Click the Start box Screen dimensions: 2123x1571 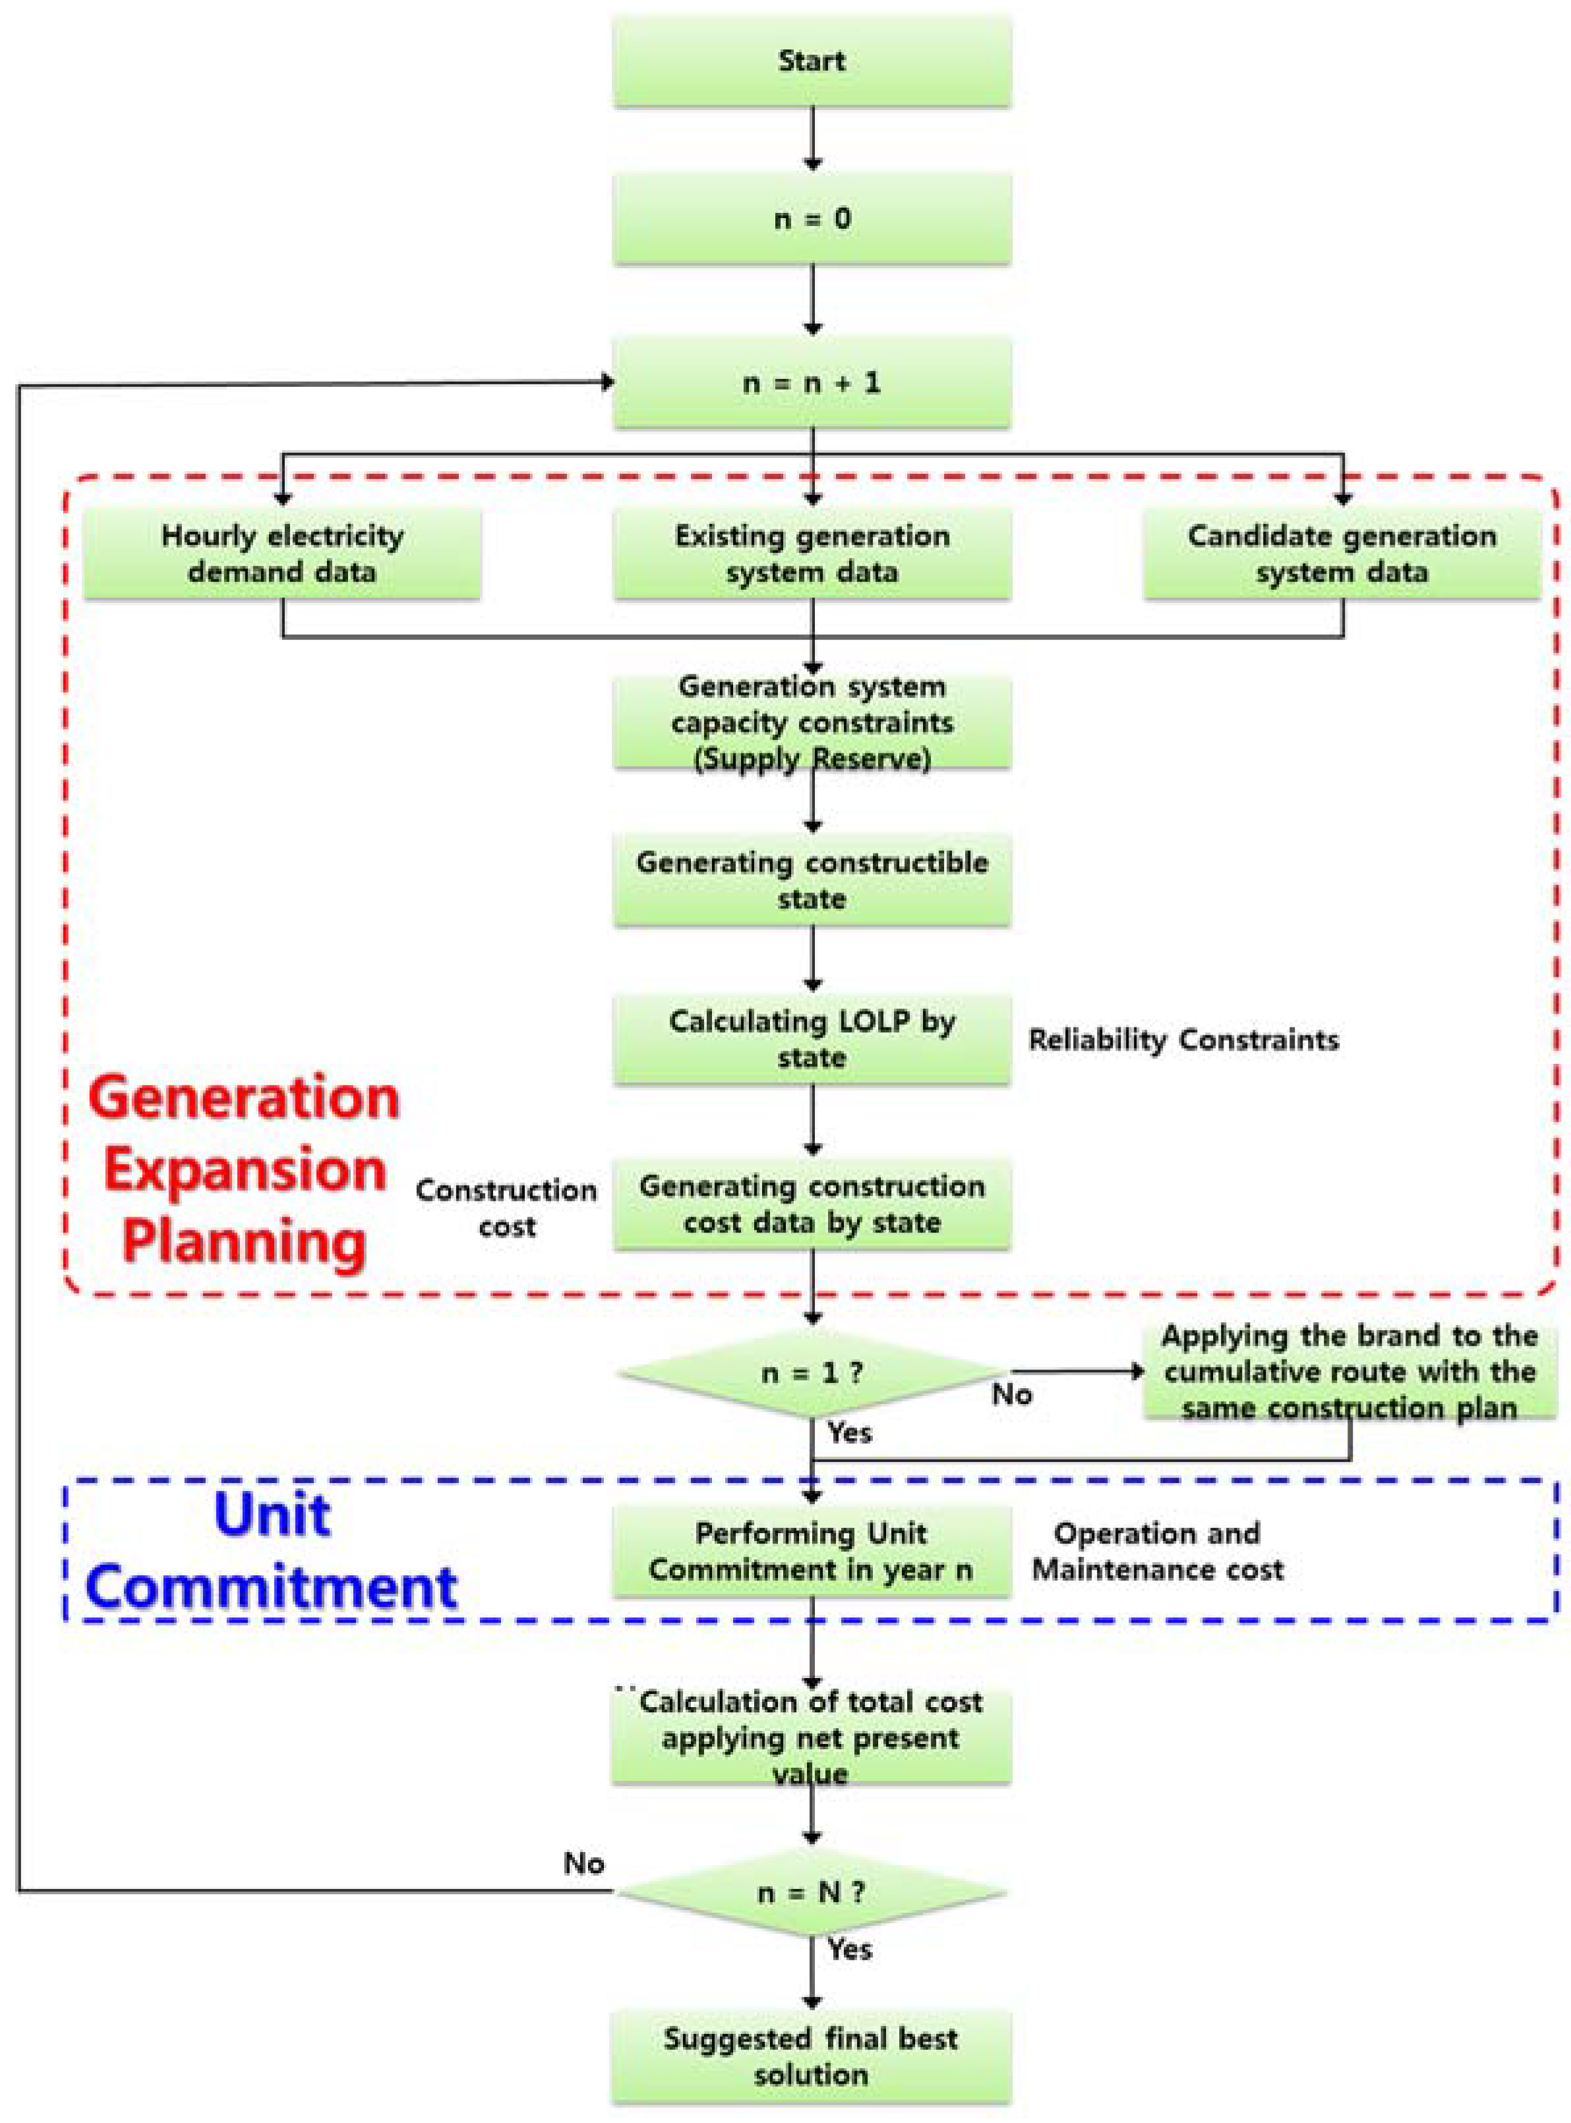811,62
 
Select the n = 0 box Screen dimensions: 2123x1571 811,219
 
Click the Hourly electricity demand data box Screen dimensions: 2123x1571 282,554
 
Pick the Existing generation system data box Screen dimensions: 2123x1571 811,554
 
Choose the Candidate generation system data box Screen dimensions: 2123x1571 1342,554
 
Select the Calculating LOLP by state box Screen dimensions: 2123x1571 811,1039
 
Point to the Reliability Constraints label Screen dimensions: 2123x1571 1183,1040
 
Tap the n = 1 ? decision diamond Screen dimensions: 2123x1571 811,1373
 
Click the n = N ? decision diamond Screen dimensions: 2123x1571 811,1892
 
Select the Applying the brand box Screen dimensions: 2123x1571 1348,1372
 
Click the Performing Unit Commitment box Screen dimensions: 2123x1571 811,1551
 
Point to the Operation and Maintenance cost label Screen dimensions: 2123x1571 1158,1551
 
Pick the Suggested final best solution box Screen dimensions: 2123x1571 811,2056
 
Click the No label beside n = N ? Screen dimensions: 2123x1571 584,1863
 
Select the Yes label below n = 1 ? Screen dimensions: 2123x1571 849,1433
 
